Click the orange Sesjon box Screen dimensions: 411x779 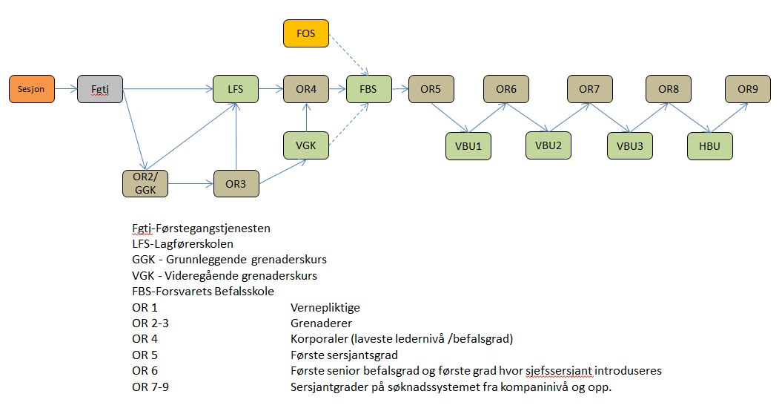(x=31, y=89)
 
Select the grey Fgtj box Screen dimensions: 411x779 (x=99, y=89)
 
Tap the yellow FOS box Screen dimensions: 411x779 (x=306, y=33)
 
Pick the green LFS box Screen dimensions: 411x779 (x=236, y=89)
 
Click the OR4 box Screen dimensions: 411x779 (x=306, y=89)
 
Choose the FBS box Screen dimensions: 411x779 (x=368, y=89)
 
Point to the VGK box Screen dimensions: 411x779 (x=306, y=145)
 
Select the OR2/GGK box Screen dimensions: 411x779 (x=145, y=183)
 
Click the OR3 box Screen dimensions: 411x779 (x=236, y=183)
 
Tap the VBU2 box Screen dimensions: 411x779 (x=548, y=145)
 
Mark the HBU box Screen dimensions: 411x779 (x=709, y=145)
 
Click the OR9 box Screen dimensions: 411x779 (x=748, y=89)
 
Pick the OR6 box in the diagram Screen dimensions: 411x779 (x=506, y=89)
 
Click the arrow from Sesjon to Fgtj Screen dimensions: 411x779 (x=64, y=89)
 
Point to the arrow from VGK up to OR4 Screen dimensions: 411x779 (x=306, y=117)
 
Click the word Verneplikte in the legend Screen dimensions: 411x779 (x=325, y=307)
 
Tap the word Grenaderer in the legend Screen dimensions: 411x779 (x=321, y=323)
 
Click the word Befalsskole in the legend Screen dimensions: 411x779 (x=243, y=292)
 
